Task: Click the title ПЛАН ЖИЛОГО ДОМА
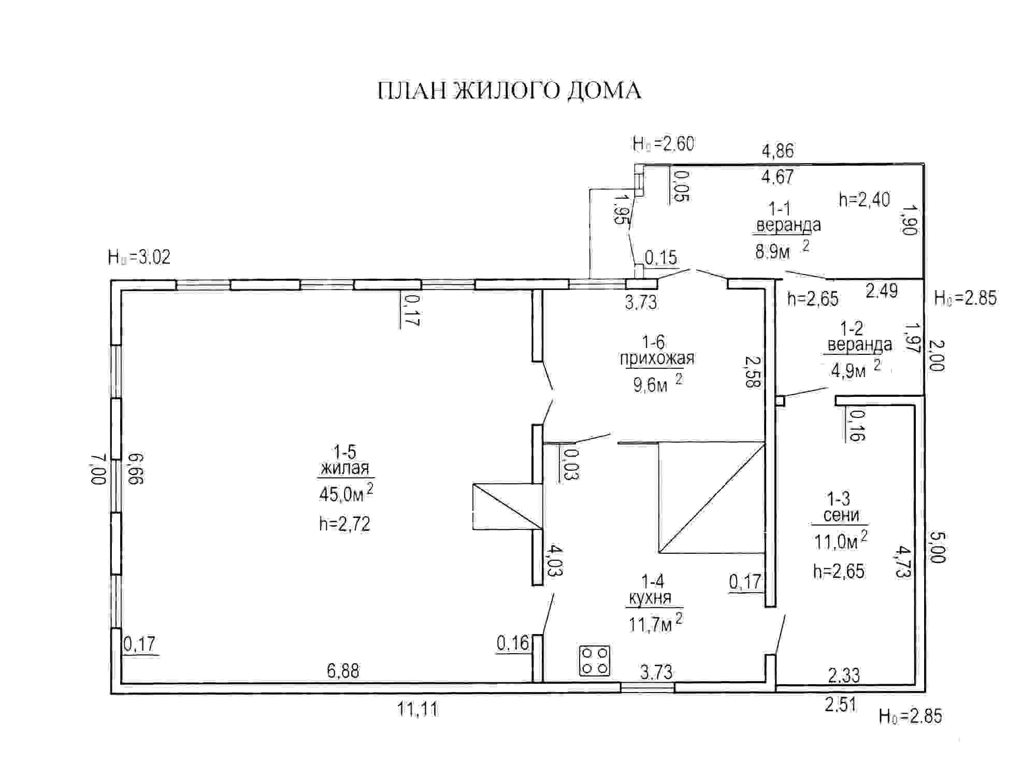click(x=509, y=91)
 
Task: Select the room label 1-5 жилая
click(x=345, y=460)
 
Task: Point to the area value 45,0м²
click(x=345, y=493)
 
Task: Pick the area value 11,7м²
click(x=655, y=623)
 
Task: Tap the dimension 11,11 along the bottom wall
click(x=418, y=709)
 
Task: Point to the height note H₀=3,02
click(x=139, y=257)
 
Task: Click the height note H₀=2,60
click(x=663, y=144)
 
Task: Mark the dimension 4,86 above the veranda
click(x=778, y=151)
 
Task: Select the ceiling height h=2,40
click(x=864, y=199)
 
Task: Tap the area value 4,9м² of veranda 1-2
click(x=855, y=370)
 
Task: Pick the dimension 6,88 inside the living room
click(x=343, y=671)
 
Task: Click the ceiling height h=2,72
click(x=344, y=524)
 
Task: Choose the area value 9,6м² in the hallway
click(x=657, y=384)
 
